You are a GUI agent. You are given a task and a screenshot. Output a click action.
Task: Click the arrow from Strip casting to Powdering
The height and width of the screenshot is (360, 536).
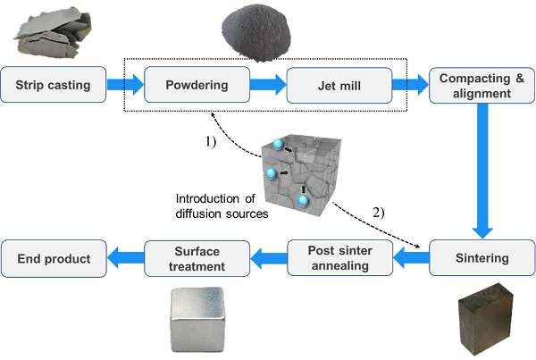(x=124, y=86)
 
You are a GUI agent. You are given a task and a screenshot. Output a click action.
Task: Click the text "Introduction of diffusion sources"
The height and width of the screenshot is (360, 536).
(x=215, y=205)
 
